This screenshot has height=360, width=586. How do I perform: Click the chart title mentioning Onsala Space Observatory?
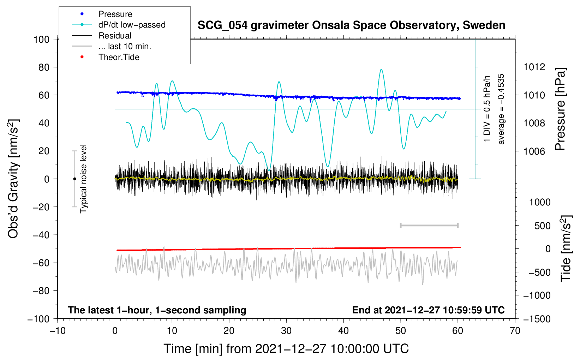(351, 25)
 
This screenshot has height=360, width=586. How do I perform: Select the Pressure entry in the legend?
(115, 14)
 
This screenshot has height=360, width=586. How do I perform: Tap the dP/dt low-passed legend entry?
(132, 25)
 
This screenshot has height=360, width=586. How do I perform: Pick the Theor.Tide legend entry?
(119, 57)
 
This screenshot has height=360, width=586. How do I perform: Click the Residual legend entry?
(115, 36)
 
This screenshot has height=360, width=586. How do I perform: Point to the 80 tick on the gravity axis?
(44, 67)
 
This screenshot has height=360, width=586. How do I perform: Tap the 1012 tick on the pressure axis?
(534, 67)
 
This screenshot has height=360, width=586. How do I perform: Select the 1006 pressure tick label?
(534, 151)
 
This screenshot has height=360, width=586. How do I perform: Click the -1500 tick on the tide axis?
(537, 319)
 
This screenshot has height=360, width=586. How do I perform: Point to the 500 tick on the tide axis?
(542, 226)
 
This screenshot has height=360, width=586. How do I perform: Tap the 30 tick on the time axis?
(286, 331)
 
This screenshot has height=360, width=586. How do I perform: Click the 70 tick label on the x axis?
(515, 331)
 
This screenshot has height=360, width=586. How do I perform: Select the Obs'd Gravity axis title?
(13, 179)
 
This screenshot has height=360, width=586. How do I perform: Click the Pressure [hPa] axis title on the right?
(561, 109)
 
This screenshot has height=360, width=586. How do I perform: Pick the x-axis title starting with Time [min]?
(286, 349)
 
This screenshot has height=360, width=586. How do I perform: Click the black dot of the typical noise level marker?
(74, 179)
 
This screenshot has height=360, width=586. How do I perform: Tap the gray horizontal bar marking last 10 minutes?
(429, 226)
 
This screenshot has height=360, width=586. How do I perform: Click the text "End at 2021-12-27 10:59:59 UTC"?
(428, 310)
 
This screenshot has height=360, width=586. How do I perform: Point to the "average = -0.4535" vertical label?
(501, 109)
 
